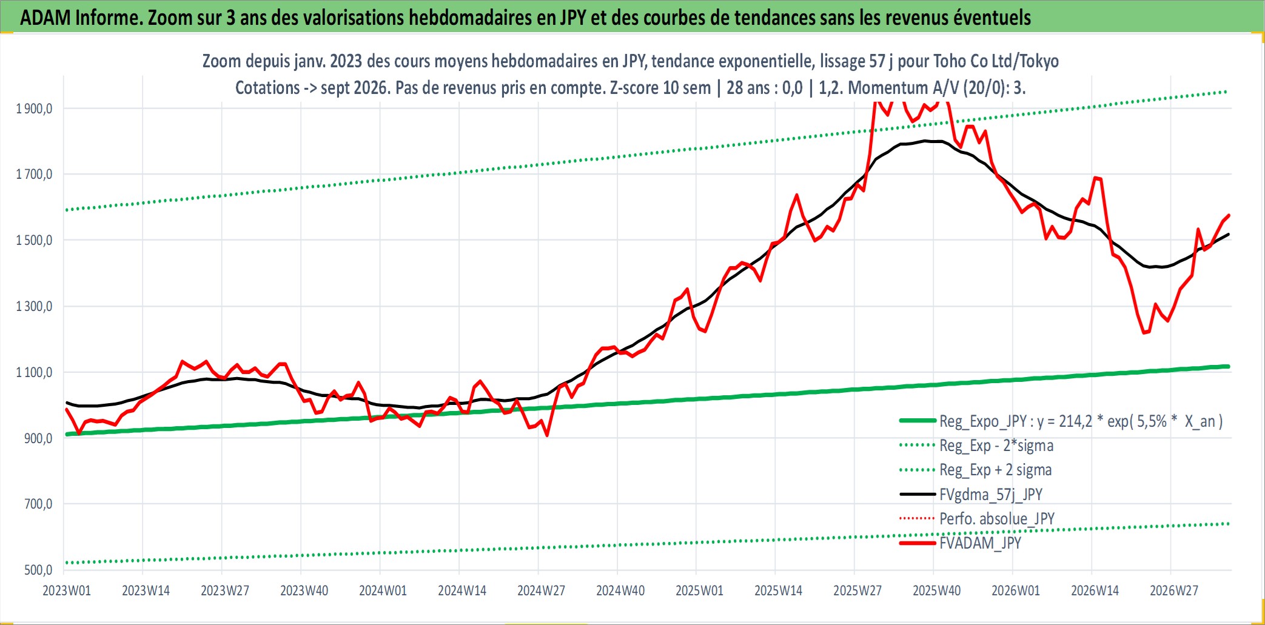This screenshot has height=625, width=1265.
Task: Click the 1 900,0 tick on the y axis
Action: click(34, 109)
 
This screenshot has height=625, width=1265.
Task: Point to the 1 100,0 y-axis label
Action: click(34, 372)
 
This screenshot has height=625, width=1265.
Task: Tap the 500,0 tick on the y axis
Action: click(38, 570)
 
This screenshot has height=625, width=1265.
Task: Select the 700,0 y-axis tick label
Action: click(38, 504)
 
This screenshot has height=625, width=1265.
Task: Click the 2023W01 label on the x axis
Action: click(67, 590)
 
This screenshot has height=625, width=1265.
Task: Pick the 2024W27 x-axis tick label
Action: click(541, 590)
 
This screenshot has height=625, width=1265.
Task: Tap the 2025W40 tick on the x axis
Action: click(937, 590)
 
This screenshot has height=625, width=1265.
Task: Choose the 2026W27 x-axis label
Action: click(1174, 590)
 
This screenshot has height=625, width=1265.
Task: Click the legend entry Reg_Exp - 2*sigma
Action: click(976, 446)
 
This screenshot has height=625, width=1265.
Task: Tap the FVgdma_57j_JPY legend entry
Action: click(971, 494)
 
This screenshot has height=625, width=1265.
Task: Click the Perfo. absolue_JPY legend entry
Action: click(977, 518)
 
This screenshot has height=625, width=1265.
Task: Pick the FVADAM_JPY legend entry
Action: click(960, 543)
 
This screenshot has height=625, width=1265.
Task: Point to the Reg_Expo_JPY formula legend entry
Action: click(1061, 421)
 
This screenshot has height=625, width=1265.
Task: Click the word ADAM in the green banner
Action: click(45, 18)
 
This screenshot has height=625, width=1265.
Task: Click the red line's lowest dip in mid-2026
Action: click(1144, 333)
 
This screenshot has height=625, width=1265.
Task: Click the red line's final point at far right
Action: click(1229, 215)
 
